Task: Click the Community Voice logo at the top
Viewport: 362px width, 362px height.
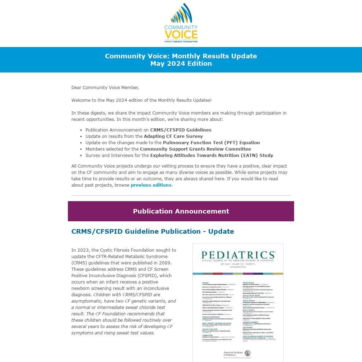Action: (x=181, y=23)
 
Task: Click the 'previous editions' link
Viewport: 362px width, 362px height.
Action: (x=151, y=185)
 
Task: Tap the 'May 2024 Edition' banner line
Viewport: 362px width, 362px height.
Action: (x=181, y=64)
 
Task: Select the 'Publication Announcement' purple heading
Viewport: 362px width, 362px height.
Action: (x=181, y=211)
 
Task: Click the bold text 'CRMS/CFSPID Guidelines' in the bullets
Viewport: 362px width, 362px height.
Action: (x=181, y=130)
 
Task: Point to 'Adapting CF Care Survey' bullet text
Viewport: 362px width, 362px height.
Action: (x=173, y=136)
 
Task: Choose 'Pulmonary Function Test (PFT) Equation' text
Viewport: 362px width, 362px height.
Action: (x=211, y=143)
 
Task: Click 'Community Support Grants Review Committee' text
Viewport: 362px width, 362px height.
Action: (x=200, y=149)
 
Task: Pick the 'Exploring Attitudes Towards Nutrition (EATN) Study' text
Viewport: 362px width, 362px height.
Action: (x=211, y=156)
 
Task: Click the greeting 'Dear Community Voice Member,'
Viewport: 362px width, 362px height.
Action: (x=105, y=88)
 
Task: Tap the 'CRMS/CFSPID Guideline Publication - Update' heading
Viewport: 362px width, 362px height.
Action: (x=153, y=232)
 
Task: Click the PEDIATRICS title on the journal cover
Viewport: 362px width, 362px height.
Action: (x=238, y=255)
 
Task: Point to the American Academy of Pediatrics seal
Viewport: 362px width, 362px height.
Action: (x=248, y=353)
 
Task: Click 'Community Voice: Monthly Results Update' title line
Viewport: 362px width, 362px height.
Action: (x=181, y=56)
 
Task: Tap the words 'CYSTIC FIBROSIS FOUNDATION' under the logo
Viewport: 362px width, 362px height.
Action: (x=181, y=41)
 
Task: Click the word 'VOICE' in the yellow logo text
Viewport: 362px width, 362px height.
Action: (x=181, y=34)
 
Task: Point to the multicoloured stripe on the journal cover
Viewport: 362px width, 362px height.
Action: (x=238, y=274)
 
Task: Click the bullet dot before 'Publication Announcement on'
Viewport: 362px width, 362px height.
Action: (x=81, y=130)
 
